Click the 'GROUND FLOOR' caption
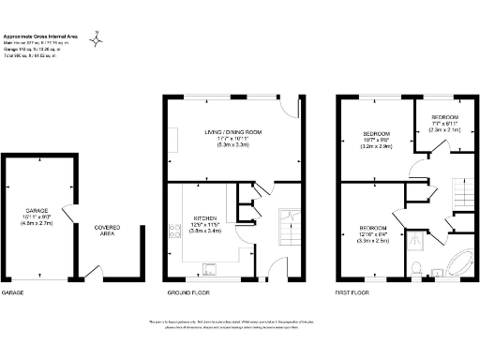[187, 292]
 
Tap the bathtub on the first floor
[458, 262]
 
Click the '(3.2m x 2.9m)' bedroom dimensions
[376, 148]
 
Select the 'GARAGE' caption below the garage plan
[12, 292]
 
